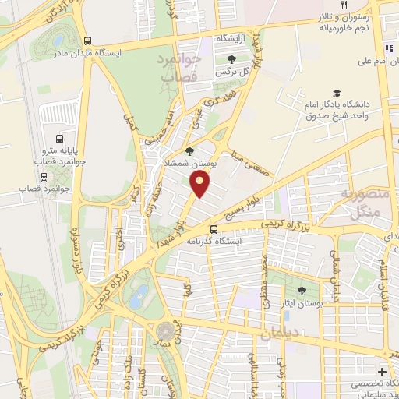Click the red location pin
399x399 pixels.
point(200,185)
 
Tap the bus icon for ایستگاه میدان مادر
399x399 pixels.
point(87,41)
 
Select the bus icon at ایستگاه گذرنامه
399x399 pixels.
point(214,228)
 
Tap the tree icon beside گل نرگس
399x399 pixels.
point(230,59)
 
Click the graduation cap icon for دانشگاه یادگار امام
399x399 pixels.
point(337,93)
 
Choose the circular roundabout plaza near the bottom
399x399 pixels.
point(166,333)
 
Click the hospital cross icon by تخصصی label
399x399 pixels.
point(381,371)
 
